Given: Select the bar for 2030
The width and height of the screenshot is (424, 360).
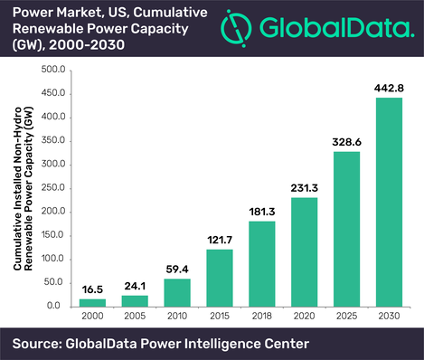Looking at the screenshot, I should coord(388,202).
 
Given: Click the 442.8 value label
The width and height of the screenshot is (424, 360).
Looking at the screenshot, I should coord(388,87).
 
